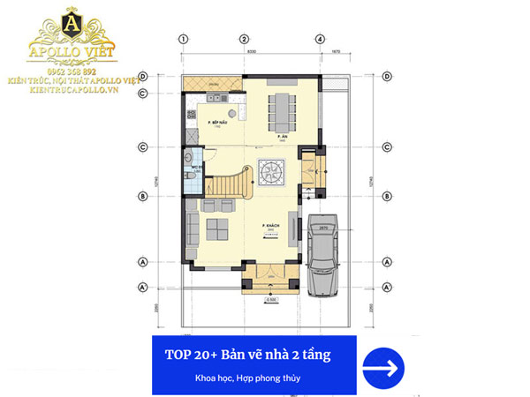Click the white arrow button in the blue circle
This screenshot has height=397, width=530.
382,363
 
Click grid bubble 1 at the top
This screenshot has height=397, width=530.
184,39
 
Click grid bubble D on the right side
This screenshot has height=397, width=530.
387,77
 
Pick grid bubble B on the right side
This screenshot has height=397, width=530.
387,196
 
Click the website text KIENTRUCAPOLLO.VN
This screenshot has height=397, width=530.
76,90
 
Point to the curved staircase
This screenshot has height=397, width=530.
225,186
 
